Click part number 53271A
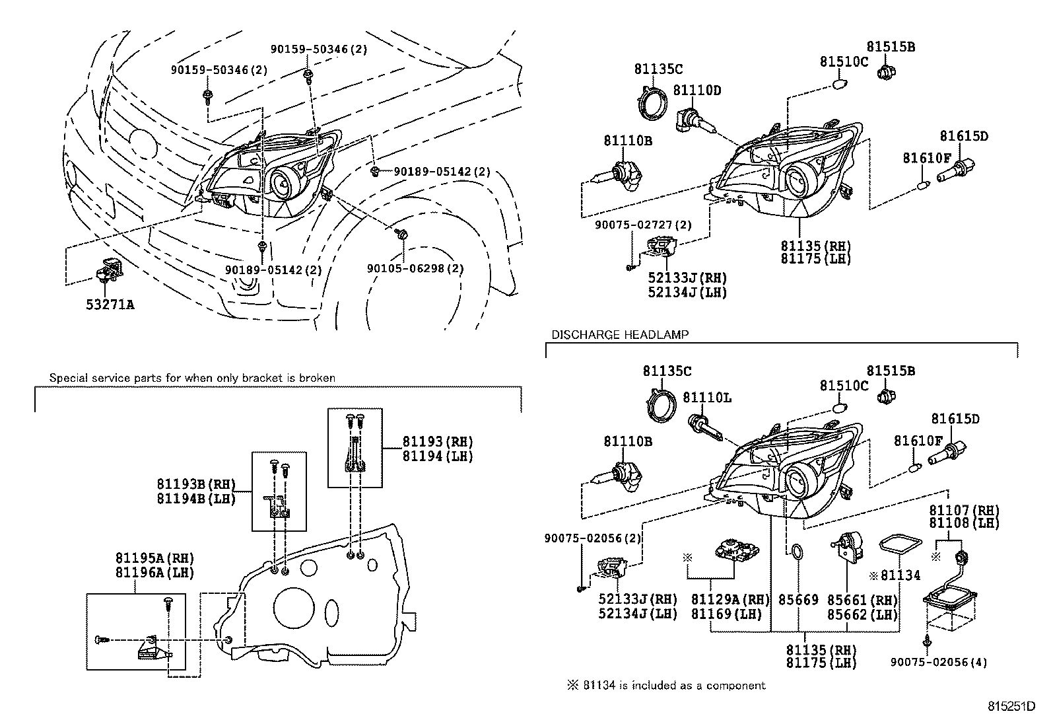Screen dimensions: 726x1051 [x=109, y=305]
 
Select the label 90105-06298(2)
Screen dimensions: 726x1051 [x=415, y=269]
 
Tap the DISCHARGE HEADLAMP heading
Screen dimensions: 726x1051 [x=620, y=335]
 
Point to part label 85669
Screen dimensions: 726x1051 [x=798, y=600]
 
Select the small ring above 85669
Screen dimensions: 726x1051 [x=797, y=552]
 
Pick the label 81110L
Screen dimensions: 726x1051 [x=707, y=398]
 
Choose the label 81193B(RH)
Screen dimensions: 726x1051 [x=196, y=486]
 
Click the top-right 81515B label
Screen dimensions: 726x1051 [x=891, y=47]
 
